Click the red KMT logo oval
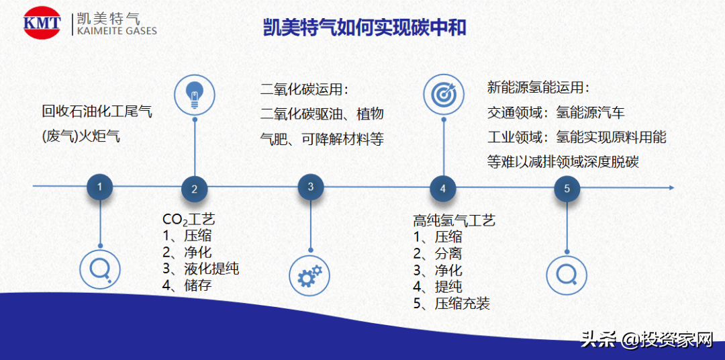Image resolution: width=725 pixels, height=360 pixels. pyautogui.click(x=42, y=24)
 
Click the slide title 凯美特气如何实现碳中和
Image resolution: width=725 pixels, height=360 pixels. pyautogui.click(x=364, y=28)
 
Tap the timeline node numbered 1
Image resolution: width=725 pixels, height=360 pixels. pyautogui.click(x=100, y=187)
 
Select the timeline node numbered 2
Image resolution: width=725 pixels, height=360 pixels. pyautogui.click(x=195, y=189)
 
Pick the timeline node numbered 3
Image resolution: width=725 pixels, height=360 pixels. pyautogui.click(x=311, y=187)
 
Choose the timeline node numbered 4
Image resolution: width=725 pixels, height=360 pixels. pyautogui.click(x=443, y=189)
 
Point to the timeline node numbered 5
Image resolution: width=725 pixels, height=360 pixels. pyautogui.click(x=567, y=189)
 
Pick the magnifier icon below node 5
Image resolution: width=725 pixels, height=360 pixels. pyautogui.click(x=567, y=274)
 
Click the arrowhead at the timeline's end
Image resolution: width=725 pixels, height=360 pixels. pyautogui.click(x=669, y=186)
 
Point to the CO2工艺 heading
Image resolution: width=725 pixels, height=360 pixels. pyautogui.click(x=189, y=220)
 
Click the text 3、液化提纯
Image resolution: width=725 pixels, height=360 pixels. pyautogui.click(x=201, y=269)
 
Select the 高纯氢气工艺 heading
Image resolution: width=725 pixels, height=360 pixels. pyautogui.click(x=454, y=220)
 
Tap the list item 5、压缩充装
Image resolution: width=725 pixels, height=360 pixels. pyautogui.click(x=451, y=304)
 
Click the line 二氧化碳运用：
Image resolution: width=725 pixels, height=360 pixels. pyautogui.click(x=305, y=90)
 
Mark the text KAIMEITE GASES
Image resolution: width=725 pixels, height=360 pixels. pyautogui.click(x=117, y=31)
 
